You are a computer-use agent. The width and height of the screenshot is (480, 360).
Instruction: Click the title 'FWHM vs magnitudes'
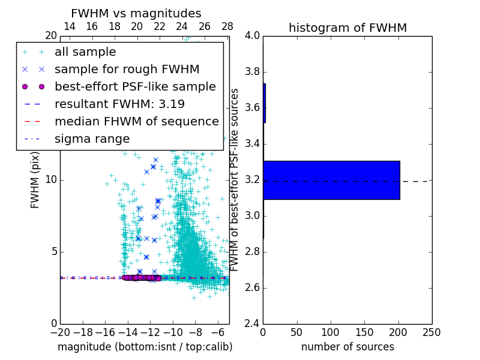click(136, 13)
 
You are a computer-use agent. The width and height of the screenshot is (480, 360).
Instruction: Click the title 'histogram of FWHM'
click(347, 28)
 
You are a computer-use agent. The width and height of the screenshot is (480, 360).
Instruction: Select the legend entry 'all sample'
click(85, 52)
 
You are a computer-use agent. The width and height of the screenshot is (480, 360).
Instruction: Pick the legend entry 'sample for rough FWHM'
click(127, 70)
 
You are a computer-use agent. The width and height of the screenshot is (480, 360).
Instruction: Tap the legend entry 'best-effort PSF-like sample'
click(135, 87)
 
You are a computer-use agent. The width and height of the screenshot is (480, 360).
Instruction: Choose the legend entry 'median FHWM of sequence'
click(136, 122)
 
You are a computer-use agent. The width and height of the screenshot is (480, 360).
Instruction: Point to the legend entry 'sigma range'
click(92, 139)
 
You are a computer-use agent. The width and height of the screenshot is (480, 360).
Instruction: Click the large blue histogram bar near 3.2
click(331, 180)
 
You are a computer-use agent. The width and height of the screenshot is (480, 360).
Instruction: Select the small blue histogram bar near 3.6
click(264, 103)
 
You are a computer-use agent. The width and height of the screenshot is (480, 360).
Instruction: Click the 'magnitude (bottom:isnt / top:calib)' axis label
click(145, 347)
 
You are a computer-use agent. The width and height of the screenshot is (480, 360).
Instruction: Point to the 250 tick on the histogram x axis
click(431, 332)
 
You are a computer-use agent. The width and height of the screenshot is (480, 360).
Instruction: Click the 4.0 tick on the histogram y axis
click(252, 36)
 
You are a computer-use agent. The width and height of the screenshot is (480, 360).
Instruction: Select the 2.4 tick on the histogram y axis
click(252, 323)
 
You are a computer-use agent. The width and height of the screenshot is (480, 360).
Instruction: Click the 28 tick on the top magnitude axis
click(227, 26)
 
